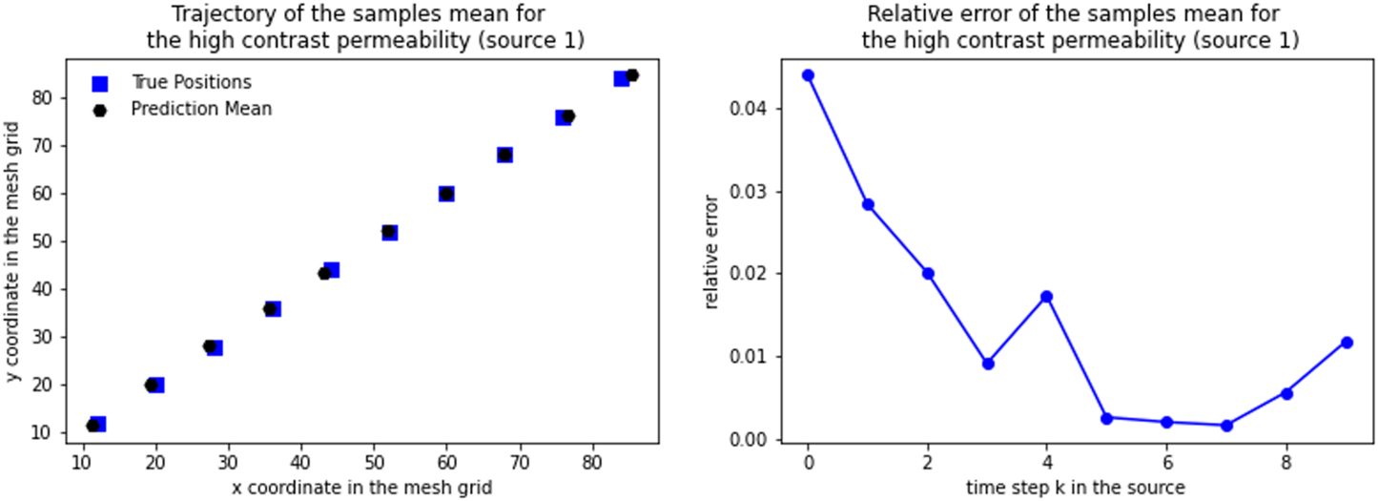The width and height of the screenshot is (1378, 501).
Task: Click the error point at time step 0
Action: [x=808, y=75]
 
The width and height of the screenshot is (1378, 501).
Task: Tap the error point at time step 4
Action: [x=1047, y=297]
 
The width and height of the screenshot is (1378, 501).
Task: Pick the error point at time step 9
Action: [x=1347, y=343]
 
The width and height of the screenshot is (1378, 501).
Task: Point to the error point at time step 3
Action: [x=988, y=364]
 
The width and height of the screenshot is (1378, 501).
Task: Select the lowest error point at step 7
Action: [x=1226, y=426]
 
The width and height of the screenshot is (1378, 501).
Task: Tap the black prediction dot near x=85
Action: [x=632, y=75]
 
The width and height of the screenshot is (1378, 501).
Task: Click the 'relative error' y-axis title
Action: [x=711, y=250]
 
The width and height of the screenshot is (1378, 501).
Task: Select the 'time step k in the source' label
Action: [x=1075, y=488]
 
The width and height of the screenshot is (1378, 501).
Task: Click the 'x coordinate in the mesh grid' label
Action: [x=361, y=488]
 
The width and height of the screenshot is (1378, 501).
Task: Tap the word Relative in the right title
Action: [x=899, y=14]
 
